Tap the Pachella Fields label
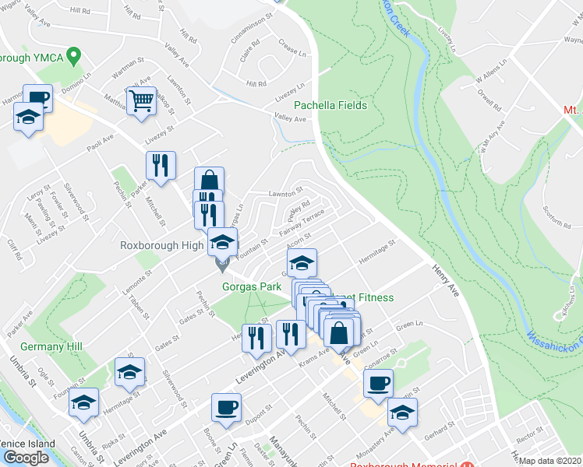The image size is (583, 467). [x=330, y=105]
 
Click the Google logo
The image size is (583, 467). [x=26, y=457]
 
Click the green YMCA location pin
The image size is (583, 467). [x=75, y=55]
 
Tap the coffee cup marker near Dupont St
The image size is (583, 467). [x=227, y=408]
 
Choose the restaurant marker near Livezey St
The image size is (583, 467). [x=161, y=166]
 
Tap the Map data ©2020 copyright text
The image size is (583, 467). [x=550, y=461]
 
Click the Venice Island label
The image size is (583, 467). [x=28, y=444]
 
